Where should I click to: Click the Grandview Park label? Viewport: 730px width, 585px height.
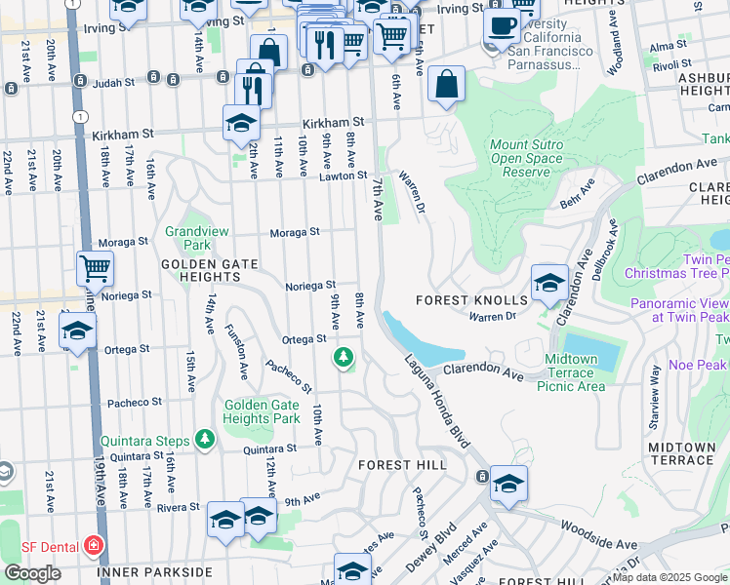click(x=188, y=238)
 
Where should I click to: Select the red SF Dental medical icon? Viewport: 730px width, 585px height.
click(x=94, y=544)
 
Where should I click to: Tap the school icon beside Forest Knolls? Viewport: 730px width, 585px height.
click(x=549, y=284)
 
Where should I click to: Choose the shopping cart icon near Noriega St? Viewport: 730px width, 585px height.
click(x=95, y=267)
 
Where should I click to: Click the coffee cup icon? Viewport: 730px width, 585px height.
click(x=502, y=26)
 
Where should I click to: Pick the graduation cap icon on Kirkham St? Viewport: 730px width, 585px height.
click(x=241, y=123)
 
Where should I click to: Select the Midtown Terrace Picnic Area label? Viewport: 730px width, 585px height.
click(x=571, y=372)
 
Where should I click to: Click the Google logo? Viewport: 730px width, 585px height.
click(x=32, y=573)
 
